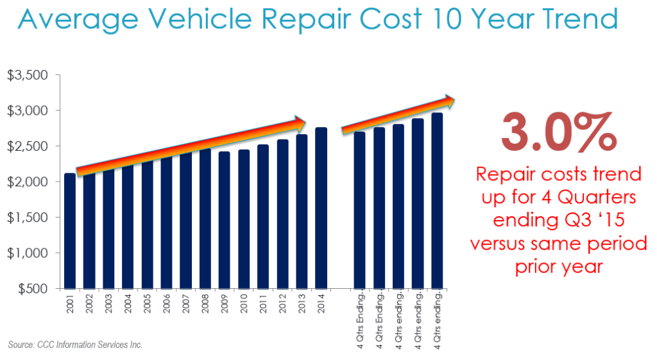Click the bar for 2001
click(x=70, y=231)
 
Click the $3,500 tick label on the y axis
click(x=28, y=76)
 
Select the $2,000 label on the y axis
click(x=28, y=182)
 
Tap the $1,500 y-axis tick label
click(x=28, y=218)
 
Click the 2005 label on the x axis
click(x=148, y=304)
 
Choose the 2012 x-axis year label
click(x=282, y=304)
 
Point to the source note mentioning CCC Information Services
click(x=75, y=345)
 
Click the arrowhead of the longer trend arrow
click(x=300, y=121)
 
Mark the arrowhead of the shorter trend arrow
click(x=448, y=100)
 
